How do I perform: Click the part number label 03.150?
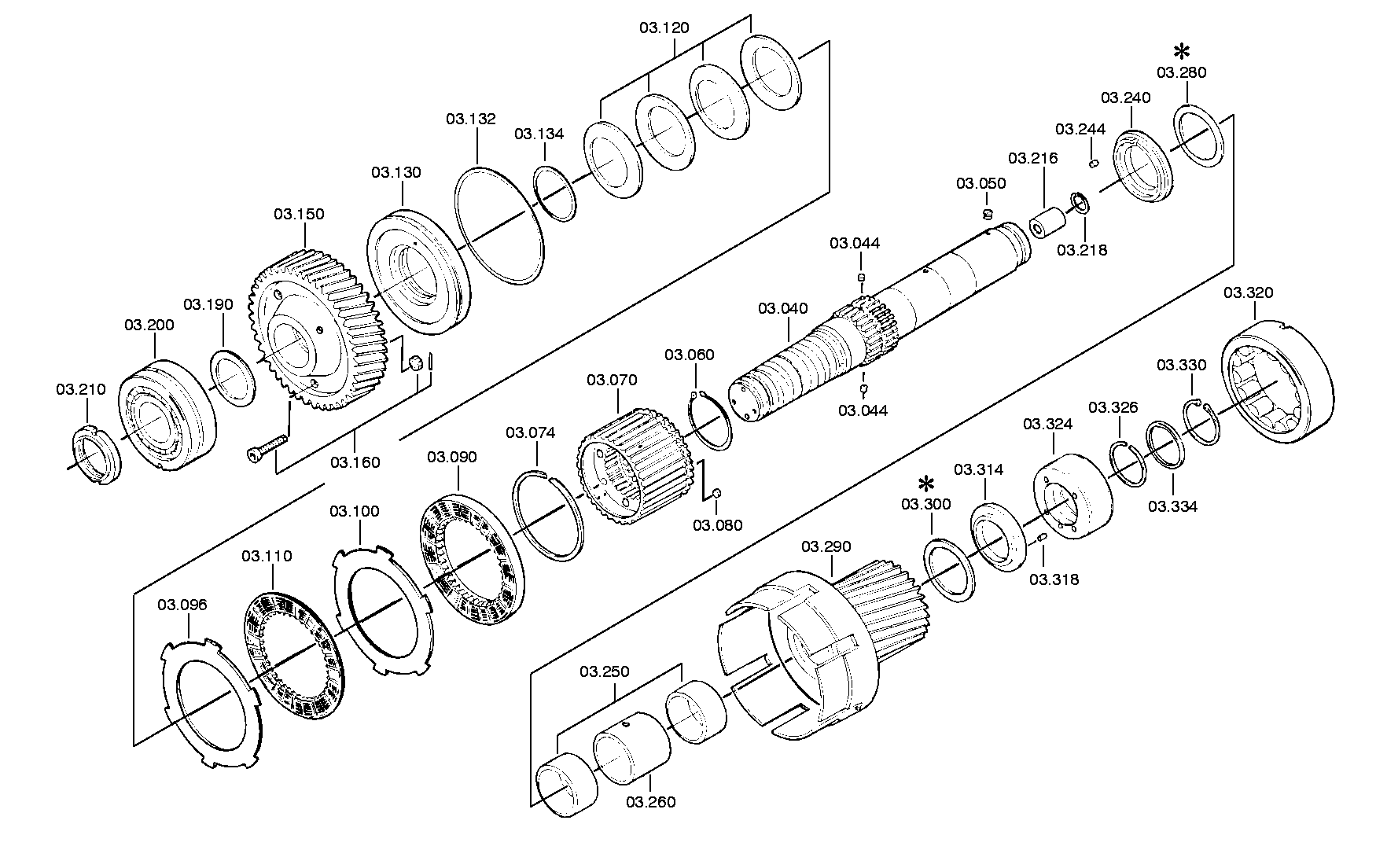tap(299, 214)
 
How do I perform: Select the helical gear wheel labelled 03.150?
tap(319, 329)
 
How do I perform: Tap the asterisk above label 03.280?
tap(1181, 53)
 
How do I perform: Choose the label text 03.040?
tap(782, 309)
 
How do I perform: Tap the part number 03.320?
tap(1248, 293)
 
